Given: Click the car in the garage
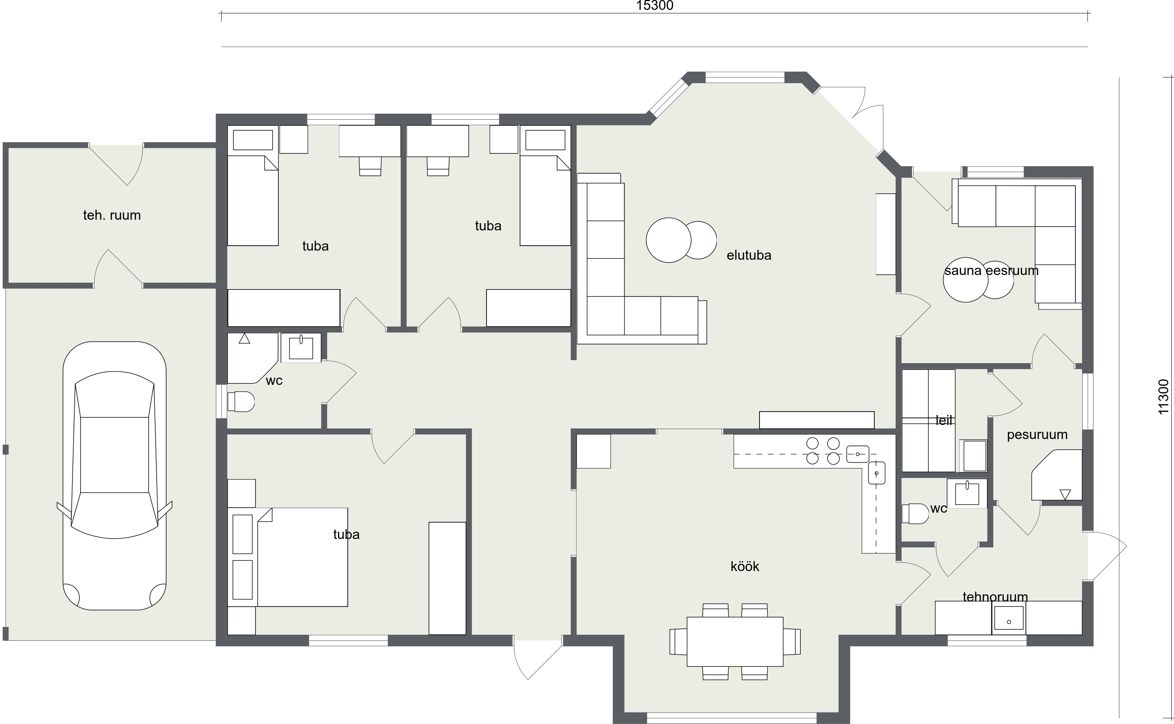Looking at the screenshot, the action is [x=114, y=476].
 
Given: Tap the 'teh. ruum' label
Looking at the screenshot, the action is [x=112, y=215].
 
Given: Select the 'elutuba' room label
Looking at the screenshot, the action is [x=749, y=255].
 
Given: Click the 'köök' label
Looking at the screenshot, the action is [x=745, y=566].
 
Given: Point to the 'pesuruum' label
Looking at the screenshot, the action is [x=1037, y=435].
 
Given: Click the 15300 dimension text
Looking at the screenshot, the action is [x=655, y=6].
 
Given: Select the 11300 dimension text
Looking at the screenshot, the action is [x=1163, y=397].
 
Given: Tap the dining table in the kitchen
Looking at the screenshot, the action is [x=735, y=642].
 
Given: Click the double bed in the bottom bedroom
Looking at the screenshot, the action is [x=302, y=557].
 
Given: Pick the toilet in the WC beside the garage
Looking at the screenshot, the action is [x=241, y=402].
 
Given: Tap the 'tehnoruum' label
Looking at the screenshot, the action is [x=995, y=597].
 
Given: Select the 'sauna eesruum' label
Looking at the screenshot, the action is [x=991, y=270].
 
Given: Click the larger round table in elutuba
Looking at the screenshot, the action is [x=669, y=240].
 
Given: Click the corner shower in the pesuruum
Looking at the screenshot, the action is [x=1057, y=475].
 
